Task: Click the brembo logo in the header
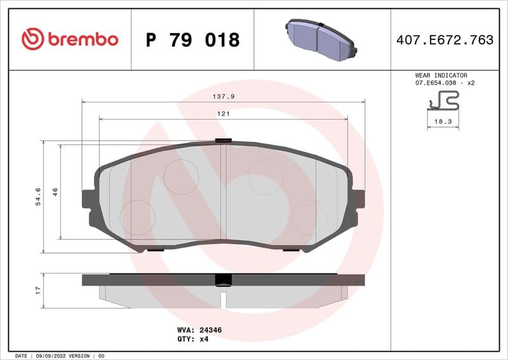(70, 39)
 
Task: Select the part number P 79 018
(192, 40)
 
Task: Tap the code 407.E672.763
(444, 40)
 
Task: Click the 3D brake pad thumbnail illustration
(321, 39)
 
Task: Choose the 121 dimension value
(223, 114)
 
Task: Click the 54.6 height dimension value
(38, 197)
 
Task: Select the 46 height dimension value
(55, 191)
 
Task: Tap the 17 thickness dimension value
(38, 290)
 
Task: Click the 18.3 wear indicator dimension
(443, 121)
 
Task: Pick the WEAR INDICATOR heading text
(441, 75)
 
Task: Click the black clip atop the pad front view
(224, 141)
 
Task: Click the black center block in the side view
(223, 280)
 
